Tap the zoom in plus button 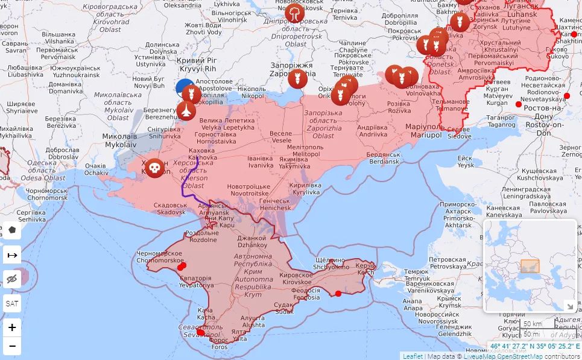(12, 327)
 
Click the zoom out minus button (12, 346)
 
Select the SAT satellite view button (12, 303)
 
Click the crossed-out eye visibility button (12, 279)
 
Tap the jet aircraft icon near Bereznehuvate (186, 111)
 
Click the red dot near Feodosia (338, 294)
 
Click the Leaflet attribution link (413, 356)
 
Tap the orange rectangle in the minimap (530, 266)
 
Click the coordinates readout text (534, 347)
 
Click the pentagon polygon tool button (12, 230)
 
